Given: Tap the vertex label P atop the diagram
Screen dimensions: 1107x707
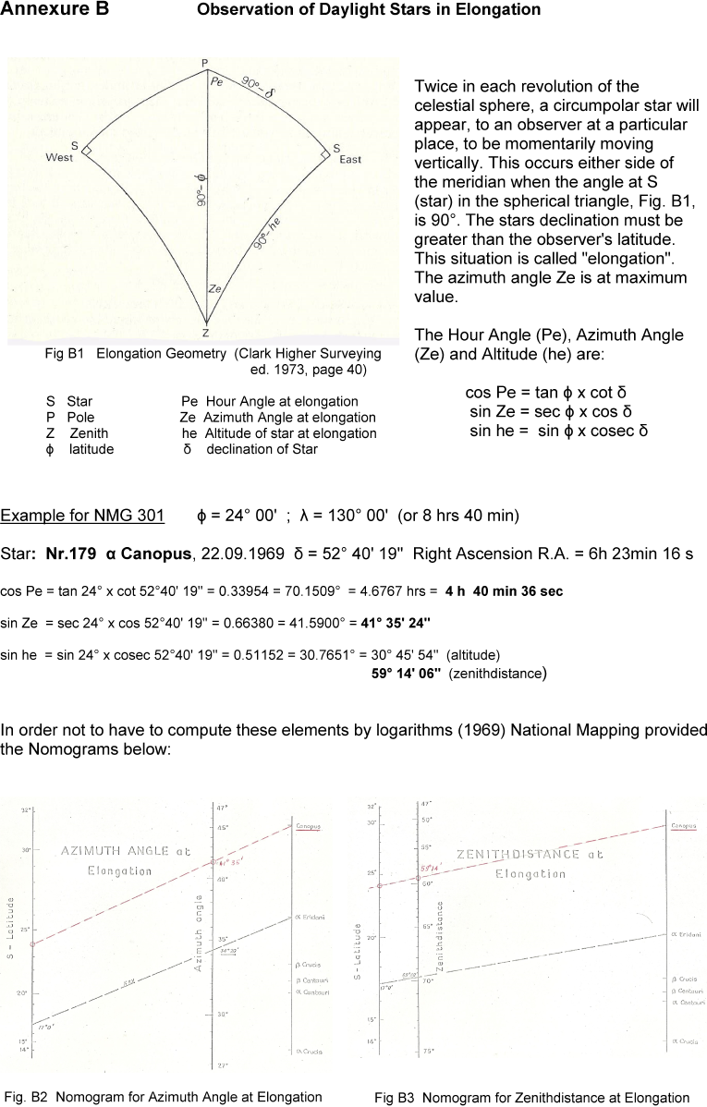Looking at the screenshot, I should point(205,62).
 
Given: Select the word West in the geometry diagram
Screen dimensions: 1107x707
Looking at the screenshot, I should point(59,158).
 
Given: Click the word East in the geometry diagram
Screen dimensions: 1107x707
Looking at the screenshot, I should point(350,160).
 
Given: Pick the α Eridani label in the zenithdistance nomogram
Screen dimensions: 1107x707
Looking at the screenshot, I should point(687,935).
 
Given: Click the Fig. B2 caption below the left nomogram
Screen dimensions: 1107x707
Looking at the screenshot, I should point(163,1097).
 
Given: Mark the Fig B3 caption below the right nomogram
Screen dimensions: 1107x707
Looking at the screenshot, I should point(531,1098).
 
